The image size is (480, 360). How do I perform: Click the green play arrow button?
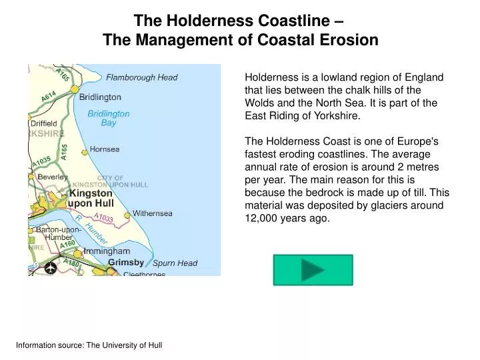[313, 269]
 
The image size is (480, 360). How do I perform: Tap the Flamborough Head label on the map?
[142, 77]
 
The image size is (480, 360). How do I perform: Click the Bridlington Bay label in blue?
[109, 118]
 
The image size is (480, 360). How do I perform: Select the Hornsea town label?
[105, 149]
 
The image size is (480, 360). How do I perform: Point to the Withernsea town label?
[152, 213]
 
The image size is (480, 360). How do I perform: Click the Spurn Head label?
[175, 263]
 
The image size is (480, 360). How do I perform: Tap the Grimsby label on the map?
[126, 262]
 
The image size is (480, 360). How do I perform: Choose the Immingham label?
[107, 251]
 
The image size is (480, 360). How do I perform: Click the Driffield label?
[44, 123]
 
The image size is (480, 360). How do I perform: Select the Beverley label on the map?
[53, 177]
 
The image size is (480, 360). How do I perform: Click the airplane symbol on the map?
[51, 268]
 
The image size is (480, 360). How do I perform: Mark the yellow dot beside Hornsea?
[85, 152]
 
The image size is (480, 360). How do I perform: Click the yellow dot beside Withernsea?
[127, 215]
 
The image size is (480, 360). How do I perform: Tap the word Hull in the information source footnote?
[155, 345]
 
